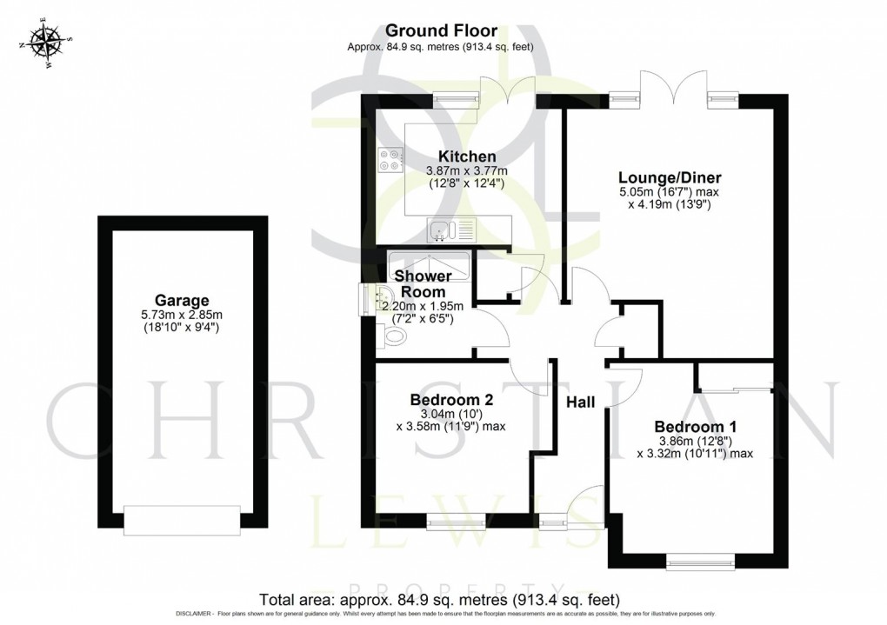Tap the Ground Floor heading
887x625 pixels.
pyautogui.click(x=441, y=30)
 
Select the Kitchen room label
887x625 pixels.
pyautogui.click(x=467, y=156)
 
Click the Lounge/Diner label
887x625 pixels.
pyautogui.click(x=670, y=177)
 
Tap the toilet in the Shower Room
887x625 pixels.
pyautogui.click(x=391, y=337)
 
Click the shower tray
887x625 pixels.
pyautogui.click(x=429, y=266)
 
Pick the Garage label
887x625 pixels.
pyautogui.click(x=182, y=301)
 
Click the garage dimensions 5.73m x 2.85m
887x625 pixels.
pyautogui.click(x=182, y=315)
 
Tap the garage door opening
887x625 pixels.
pyautogui.click(x=182, y=520)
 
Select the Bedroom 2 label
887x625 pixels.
pyautogui.click(x=451, y=400)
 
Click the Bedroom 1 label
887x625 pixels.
pyautogui.click(x=695, y=427)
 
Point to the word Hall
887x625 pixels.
pyautogui.click(x=581, y=402)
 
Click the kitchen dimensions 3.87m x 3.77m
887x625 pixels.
pyautogui.click(x=467, y=170)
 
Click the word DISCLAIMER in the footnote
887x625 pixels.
pyautogui.click(x=195, y=614)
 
